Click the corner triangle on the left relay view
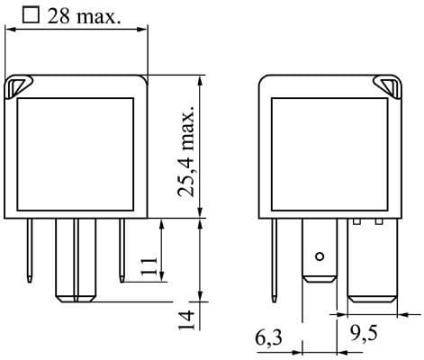coord(17,87)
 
